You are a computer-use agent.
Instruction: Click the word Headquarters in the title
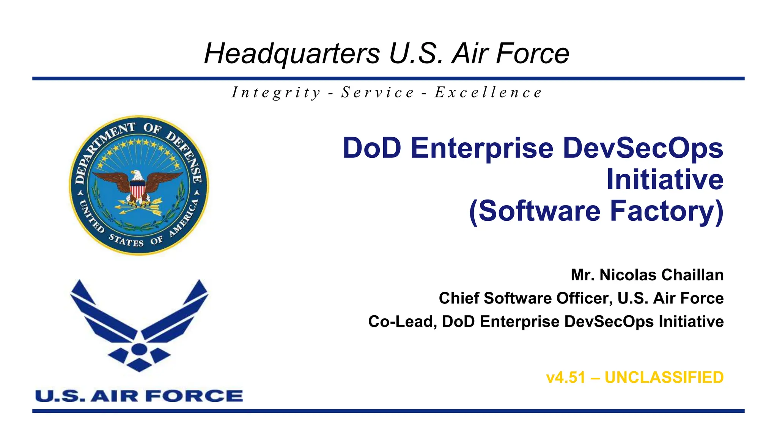(x=292, y=54)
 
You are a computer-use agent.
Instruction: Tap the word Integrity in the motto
(x=277, y=93)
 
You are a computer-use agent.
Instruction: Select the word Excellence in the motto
(x=489, y=93)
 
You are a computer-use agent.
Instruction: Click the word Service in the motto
(x=377, y=93)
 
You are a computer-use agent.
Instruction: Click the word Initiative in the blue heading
(x=665, y=179)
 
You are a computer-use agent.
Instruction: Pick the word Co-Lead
(x=403, y=322)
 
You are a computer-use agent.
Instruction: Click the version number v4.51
(x=566, y=378)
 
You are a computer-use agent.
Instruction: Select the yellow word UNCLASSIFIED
(x=664, y=378)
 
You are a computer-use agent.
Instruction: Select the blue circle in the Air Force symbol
(x=139, y=349)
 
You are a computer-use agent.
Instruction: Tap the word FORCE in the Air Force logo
(x=194, y=396)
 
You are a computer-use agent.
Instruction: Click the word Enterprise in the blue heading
(x=482, y=148)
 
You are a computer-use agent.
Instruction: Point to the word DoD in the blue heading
(x=372, y=148)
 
